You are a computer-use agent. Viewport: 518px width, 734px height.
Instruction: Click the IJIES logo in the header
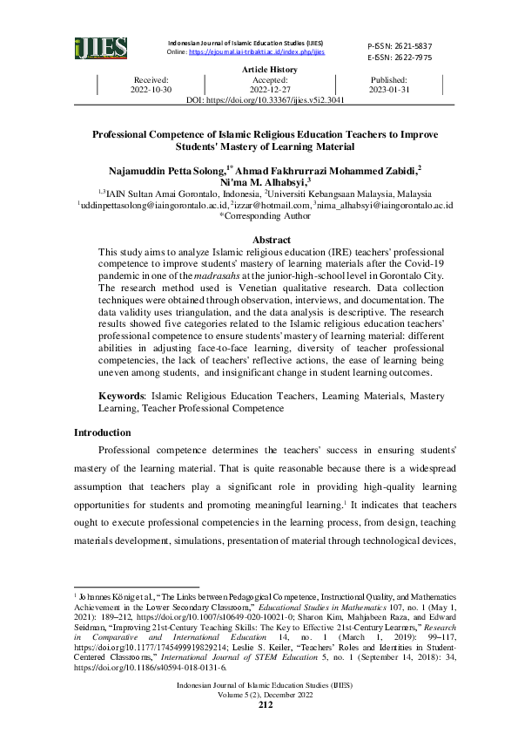pyautogui.click(x=100, y=49)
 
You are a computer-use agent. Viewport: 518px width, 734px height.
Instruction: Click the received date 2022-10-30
pyautogui.click(x=152, y=90)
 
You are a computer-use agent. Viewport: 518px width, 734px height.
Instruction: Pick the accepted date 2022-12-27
pyautogui.click(x=269, y=90)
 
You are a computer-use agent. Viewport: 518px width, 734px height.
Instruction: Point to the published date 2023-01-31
pyautogui.click(x=390, y=90)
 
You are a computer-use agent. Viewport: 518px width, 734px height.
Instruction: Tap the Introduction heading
pyautogui.click(x=103, y=432)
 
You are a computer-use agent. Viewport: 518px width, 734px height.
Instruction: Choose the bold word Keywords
pyautogui.click(x=123, y=396)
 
